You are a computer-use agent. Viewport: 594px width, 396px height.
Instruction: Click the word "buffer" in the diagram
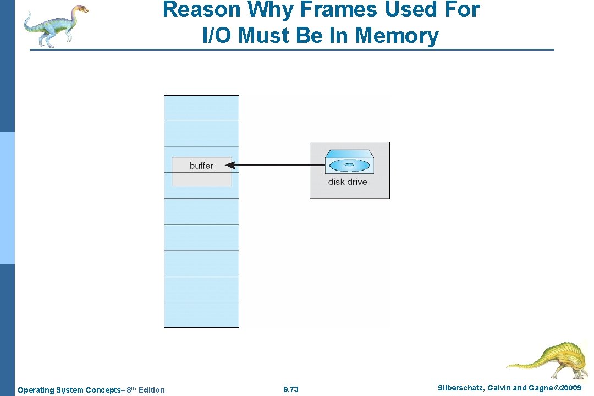(201, 166)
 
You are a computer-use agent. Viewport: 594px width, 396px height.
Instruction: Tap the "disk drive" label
(348, 182)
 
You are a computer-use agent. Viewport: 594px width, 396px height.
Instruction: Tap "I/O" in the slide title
(218, 36)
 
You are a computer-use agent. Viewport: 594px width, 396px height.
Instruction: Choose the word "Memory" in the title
(397, 36)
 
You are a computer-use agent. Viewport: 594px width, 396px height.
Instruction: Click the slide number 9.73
(291, 390)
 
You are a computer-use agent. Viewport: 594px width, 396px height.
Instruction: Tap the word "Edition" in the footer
(152, 390)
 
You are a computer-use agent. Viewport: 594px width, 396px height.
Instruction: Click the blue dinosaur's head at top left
(80, 9)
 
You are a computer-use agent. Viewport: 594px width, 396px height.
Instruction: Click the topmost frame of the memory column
(201, 108)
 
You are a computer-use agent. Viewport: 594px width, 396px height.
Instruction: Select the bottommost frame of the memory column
(201, 315)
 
